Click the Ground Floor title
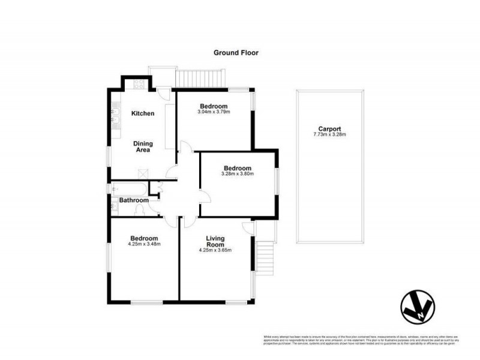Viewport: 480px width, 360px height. [x=236, y=52]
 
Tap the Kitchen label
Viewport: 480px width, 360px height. [x=143, y=113]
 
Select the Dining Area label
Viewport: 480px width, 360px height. [x=143, y=147]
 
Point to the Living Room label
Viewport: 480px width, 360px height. [x=215, y=241]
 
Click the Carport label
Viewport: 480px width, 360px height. [x=329, y=128]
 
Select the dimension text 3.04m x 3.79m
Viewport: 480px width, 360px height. [x=214, y=112]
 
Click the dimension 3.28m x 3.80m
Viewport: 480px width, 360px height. [x=238, y=175]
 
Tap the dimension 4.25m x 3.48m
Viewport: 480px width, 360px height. [x=144, y=244]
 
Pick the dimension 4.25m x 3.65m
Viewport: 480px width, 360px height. [x=215, y=250]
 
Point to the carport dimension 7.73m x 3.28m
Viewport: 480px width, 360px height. [x=329, y=134]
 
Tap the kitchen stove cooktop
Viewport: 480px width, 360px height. [x=138, y=85]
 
